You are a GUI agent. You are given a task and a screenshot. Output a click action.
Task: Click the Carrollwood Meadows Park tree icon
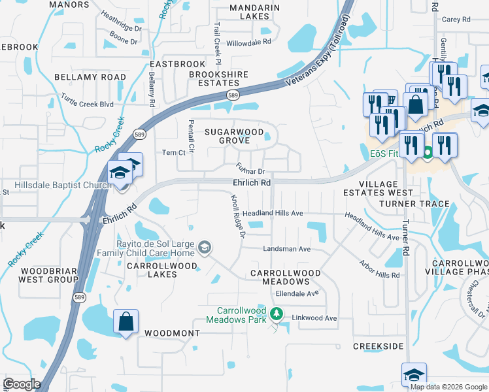tap(277, 314)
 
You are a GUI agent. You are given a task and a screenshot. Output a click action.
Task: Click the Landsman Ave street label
tap(286, 249)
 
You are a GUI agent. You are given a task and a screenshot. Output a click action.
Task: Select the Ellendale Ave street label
tap(297, 293)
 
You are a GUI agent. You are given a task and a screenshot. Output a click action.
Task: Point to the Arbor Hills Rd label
tap(379, 270)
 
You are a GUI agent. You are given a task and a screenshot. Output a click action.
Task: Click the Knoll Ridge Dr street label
tap(238, 216)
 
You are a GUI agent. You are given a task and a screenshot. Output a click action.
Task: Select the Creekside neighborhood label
tap(379, 346)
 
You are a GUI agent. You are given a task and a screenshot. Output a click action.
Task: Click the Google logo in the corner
tap(22, 384)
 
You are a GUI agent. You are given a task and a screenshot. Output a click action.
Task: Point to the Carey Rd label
tap(456, 20)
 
